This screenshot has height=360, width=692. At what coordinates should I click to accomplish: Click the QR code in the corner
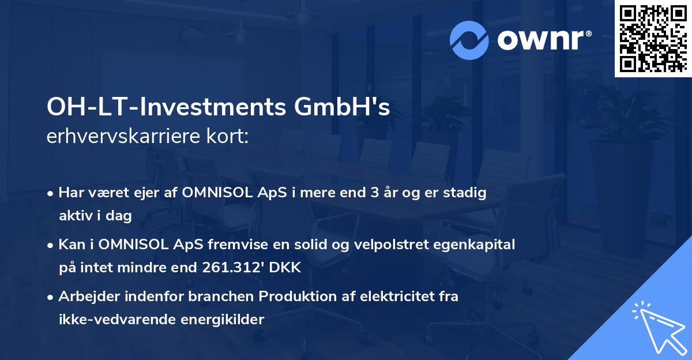tap(653, 38)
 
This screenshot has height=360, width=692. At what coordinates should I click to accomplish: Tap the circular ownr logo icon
tap(469, 40)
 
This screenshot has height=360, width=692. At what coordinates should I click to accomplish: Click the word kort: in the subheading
tap(230, 136)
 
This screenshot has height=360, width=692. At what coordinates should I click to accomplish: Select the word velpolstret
tap(401, 245)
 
